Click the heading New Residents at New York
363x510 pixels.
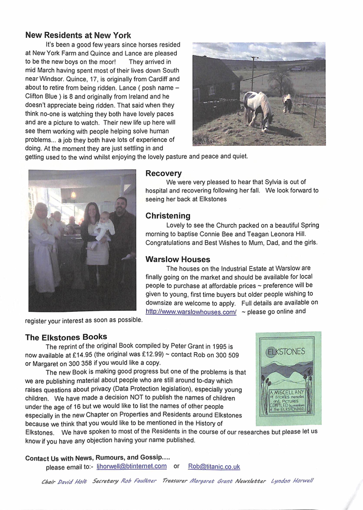point(78,35)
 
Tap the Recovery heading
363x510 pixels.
point(163,173)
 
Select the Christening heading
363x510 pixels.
point(167,215)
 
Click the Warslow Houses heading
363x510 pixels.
point(177,259)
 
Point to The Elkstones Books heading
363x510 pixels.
point(66,337)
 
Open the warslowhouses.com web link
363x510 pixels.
point(191,312)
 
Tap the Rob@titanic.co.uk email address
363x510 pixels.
point(214,466)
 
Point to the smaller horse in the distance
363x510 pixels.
point(287,102)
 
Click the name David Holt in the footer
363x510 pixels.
point(72,481)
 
